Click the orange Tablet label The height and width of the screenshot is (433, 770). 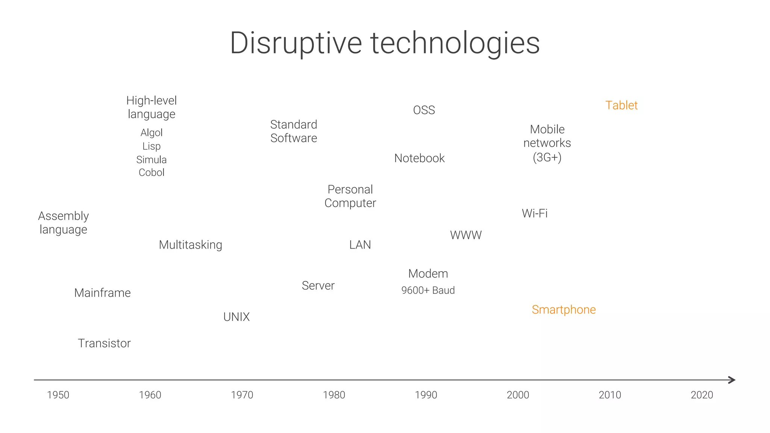(621, 105)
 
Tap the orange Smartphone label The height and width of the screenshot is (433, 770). (564, 310)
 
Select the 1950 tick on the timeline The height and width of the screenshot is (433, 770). (58, 395)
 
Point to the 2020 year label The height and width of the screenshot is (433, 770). (702, 395)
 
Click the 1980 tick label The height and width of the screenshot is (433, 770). (334, 395)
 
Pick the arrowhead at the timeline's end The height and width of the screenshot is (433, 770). (732, 380)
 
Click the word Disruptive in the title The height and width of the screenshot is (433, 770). (296, 43)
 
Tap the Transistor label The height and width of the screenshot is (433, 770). (104, 343)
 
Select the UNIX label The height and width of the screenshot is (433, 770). (236, 317)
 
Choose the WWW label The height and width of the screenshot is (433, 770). (466, 235)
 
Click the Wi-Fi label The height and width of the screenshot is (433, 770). (535, 213)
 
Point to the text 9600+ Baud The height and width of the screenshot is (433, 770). (428, 290)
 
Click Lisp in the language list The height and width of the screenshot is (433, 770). (152, 146)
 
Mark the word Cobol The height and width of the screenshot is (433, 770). (152, 172)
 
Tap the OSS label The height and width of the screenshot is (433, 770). (424, 110)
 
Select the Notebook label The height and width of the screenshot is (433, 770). (419, 158)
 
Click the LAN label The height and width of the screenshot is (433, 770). (360, 245)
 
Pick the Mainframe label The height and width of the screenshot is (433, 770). (102, 293)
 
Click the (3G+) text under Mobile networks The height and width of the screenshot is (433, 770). (547, 157)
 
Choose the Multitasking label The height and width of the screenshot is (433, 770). (190, 245)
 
